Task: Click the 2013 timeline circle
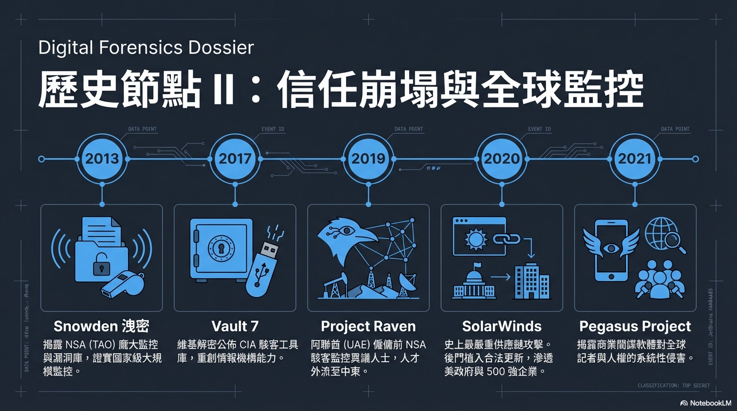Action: [102, 159]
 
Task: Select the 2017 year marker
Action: [235, 159]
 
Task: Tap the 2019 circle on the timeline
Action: [368, 159]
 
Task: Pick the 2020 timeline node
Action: [502, 159]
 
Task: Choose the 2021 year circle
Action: [635, 159]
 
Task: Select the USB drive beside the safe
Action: [264, 270]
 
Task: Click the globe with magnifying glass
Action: [664, 236]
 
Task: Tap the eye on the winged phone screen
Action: [612, 248]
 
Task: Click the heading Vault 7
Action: [235, 326]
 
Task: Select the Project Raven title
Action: [368, 326]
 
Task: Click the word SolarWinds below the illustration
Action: [502, 326]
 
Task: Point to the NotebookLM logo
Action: [706, 402]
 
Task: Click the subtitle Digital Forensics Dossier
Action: [146, 48]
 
